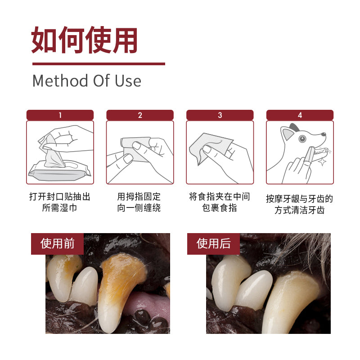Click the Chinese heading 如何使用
pos(84,40)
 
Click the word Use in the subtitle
pos(128,81)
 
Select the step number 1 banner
pos(60,115)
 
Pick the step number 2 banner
pos(140,115)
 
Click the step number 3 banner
pos(220,115)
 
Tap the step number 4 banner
pos(300,115)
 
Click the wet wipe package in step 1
pos(59,171)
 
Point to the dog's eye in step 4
pos(302,139)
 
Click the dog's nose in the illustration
pos(324,134)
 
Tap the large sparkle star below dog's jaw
pos(322,162)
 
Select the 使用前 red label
pos(58,244)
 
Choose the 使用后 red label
pos(213,244)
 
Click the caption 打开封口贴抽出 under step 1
pos(60,197)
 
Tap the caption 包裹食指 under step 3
pos(220,208)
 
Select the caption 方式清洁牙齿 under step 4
pos(300,210)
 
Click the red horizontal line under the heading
pos(99,64)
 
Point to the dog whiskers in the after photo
pos(308,248)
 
